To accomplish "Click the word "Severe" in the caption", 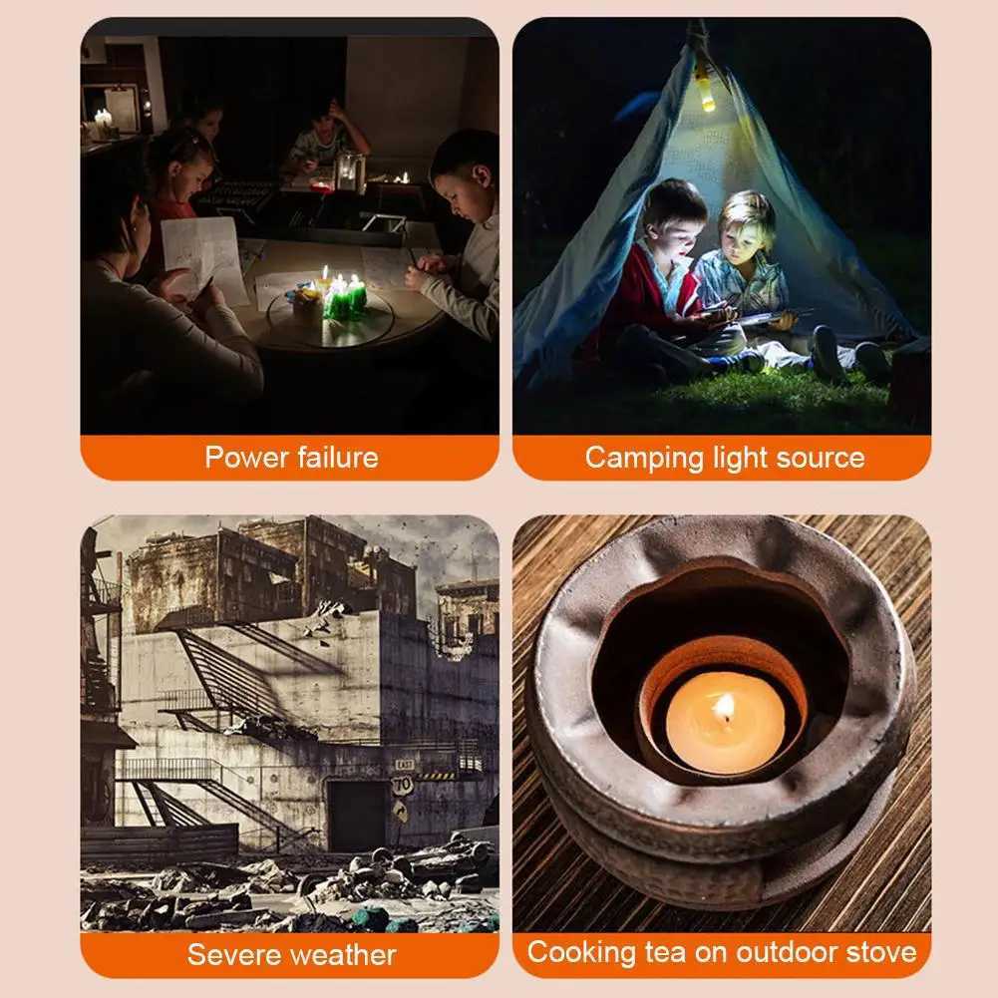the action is [234, 955].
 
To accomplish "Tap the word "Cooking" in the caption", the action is [581, 953].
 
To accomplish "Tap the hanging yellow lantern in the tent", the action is [705, 93].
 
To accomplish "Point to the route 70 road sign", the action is [402, 786].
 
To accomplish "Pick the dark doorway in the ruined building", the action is [358, 816].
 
